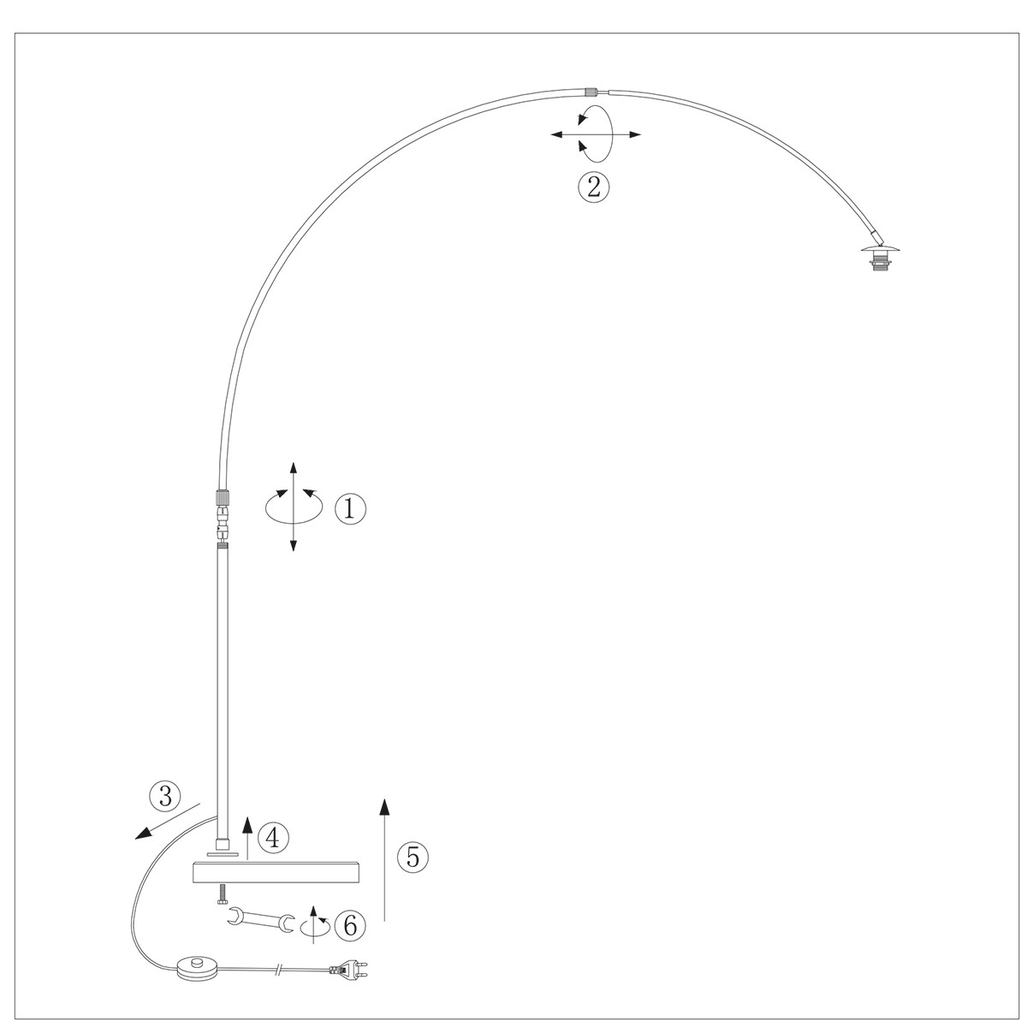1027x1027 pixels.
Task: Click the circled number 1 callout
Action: pos(350,508)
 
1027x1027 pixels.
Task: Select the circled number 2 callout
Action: pos(593,187)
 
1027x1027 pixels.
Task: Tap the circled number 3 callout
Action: pos(165,797)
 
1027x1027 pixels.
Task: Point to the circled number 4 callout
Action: pos(273,839)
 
